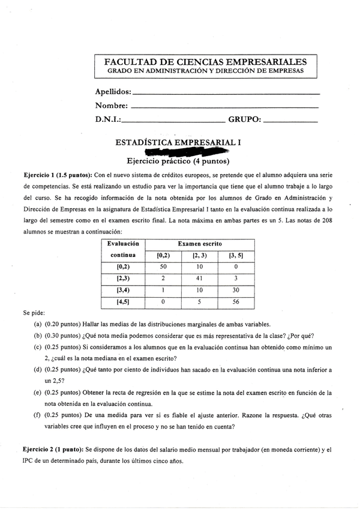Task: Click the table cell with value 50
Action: tap(163, 266)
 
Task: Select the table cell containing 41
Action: tap(199, 278)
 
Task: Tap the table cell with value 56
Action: tap(236, 302)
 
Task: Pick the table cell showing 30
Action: tap(236, 290)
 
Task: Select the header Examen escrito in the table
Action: tap(199, 244)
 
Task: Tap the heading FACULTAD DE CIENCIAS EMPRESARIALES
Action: tap(205, 62)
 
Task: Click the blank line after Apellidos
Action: tap(226, 94)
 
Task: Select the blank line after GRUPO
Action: tap(290, 121)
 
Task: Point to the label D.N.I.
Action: tap(108, 119)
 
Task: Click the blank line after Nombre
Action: tap(223, 107)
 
